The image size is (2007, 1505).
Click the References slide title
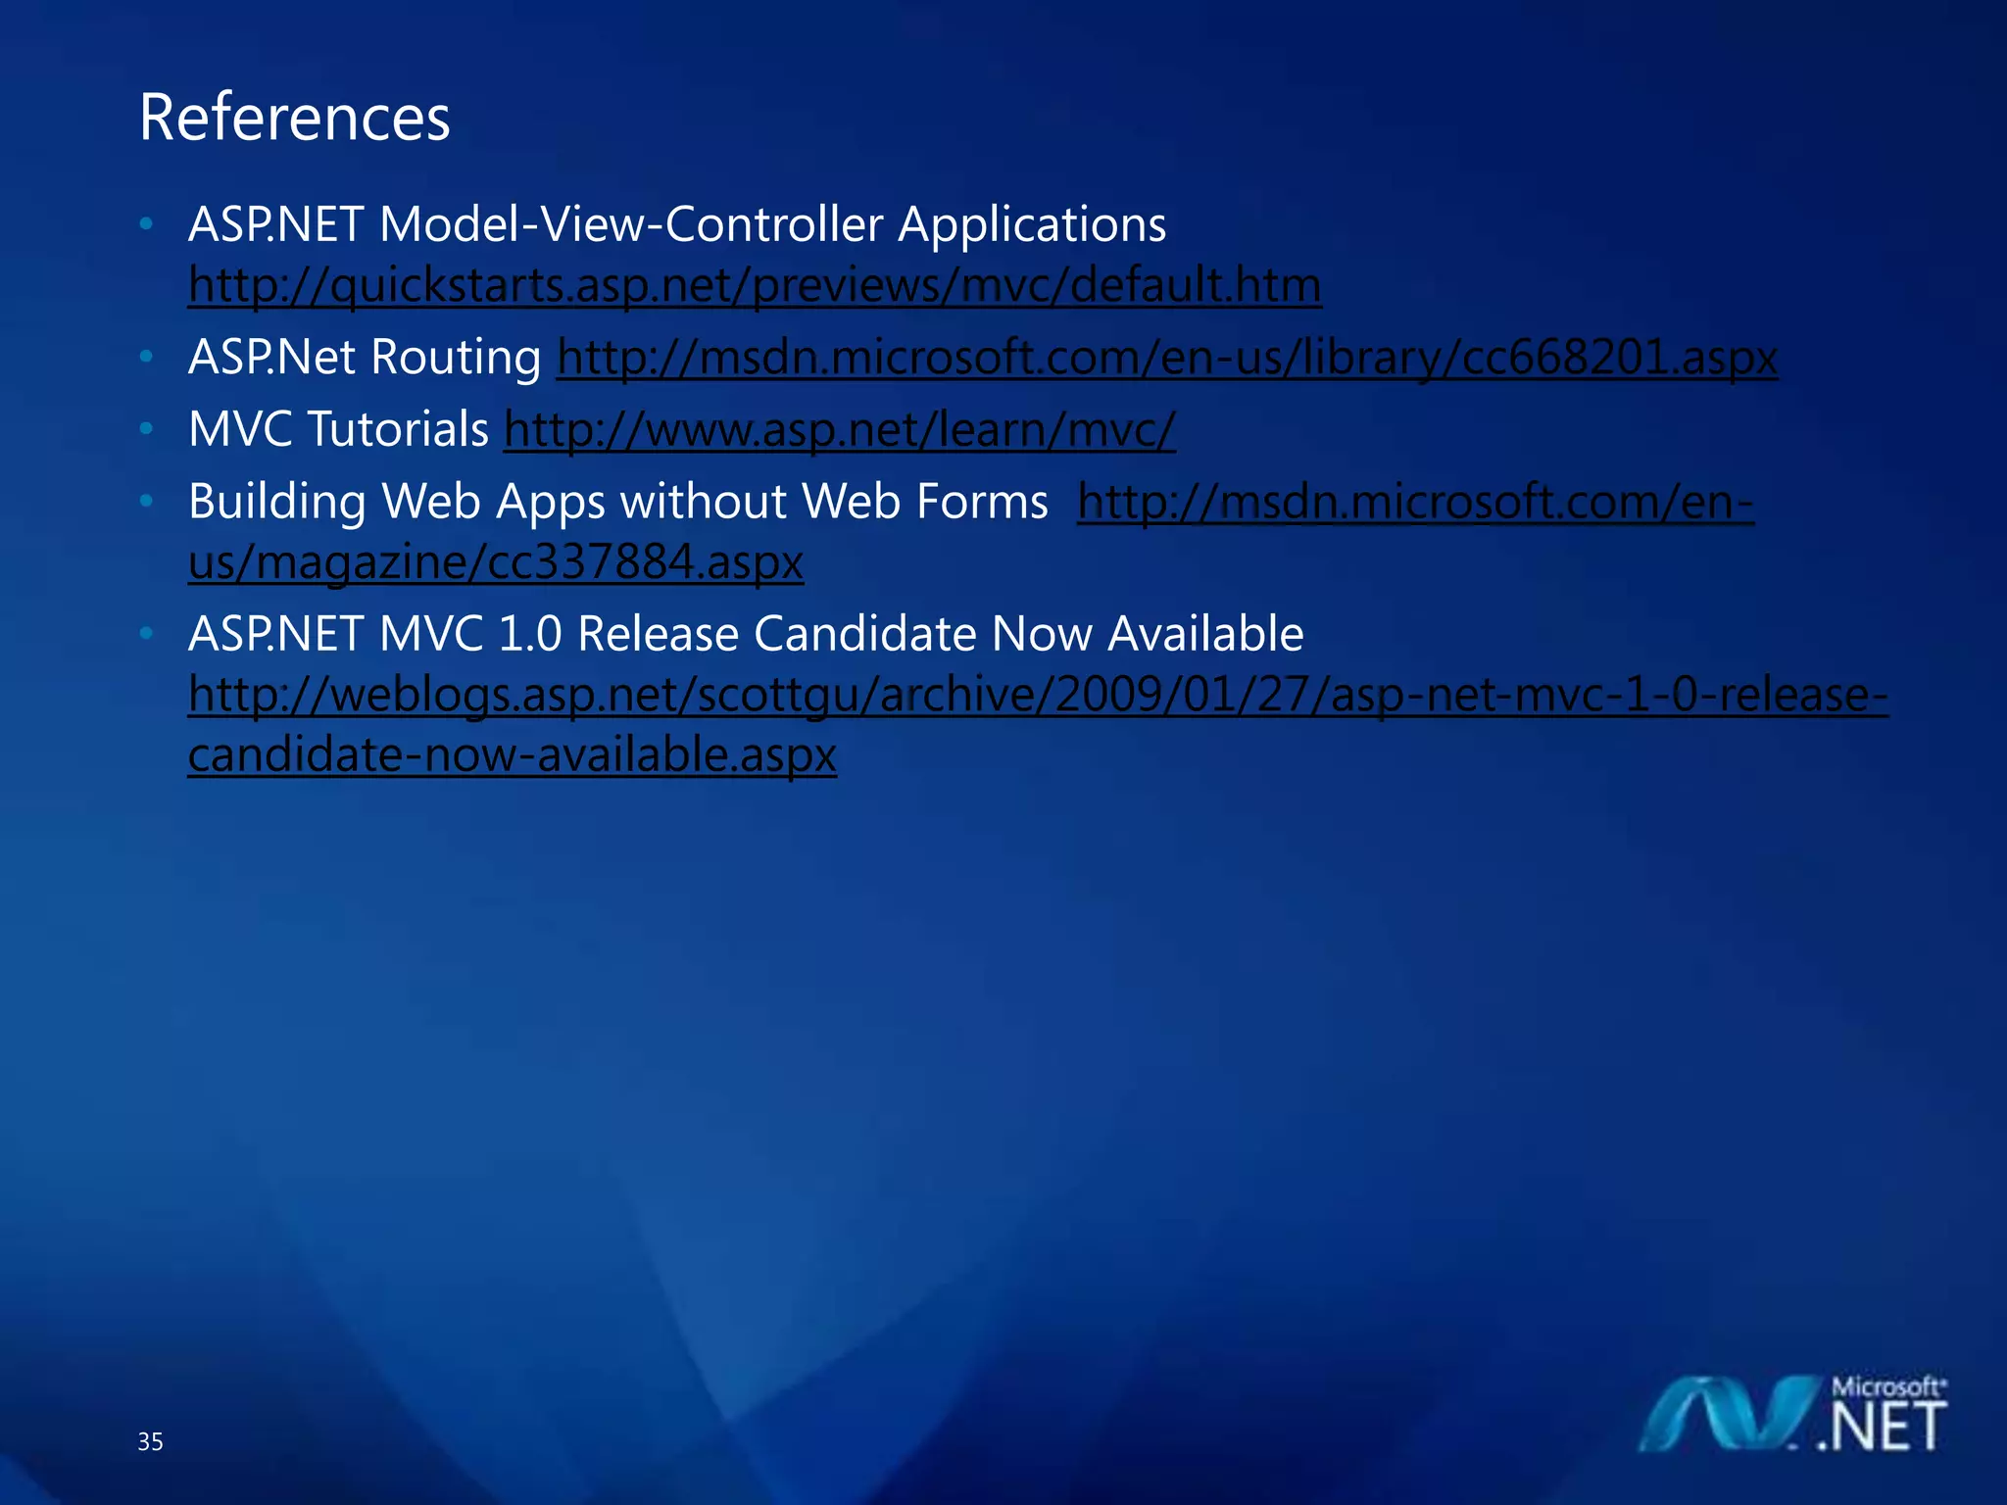294,118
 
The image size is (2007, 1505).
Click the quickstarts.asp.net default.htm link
755,286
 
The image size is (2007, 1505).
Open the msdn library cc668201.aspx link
1166,358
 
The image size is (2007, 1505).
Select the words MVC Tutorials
338,429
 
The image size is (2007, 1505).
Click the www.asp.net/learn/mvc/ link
839,429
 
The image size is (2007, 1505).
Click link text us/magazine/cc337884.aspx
496,562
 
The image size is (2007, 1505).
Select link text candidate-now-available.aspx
512,755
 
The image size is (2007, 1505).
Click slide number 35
150,1441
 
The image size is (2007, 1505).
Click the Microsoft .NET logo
1793,1416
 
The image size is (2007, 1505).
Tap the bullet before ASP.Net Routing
146,357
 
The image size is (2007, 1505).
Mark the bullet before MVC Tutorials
146,428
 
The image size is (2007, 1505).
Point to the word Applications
1032,225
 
